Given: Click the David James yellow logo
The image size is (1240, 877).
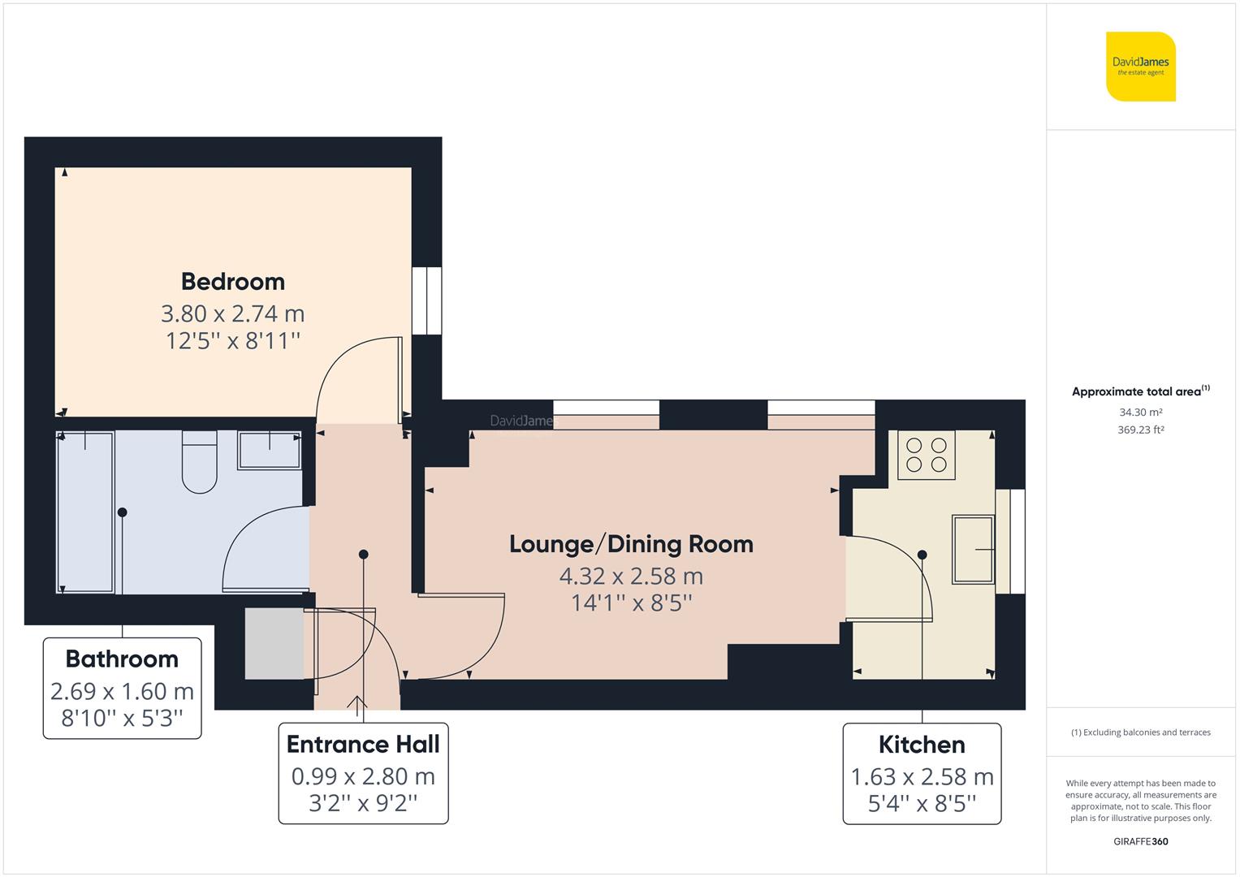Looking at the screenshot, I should (x=1140, y=67).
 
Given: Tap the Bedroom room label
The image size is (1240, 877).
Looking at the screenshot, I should (x=233, y=282).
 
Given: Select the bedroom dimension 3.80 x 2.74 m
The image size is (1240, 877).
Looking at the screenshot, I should (x=233, y=313).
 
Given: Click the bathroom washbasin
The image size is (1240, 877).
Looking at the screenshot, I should (x=269, y=450).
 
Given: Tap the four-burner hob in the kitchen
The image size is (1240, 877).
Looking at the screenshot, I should (x=927, y=455).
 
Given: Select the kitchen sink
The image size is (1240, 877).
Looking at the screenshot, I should (x=973, y=549).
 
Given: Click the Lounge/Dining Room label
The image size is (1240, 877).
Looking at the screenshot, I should (x=631, y=544).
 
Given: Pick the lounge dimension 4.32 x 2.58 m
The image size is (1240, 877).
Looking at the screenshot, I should (x=631, y=577).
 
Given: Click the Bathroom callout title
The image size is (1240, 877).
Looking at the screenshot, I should (x=122, y=659).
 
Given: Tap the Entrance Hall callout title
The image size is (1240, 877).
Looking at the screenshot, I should (x=363, y=744).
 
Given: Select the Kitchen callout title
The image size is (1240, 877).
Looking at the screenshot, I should (x=922, y=744).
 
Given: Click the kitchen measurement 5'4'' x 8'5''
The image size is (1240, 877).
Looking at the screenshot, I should (x=922, y=804).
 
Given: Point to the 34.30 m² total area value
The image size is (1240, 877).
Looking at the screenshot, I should (x=1140, y=413).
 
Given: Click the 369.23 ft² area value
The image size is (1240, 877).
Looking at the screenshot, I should (x=1140, y=430).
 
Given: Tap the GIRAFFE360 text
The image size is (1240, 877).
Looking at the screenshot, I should (x=1140, y=841).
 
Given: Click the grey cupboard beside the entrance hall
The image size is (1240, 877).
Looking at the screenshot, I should (x=274, y=644).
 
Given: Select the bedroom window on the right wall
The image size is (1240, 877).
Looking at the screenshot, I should (x=427, y=300).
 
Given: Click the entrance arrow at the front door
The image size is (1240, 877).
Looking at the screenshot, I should (x=357, y=703).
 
